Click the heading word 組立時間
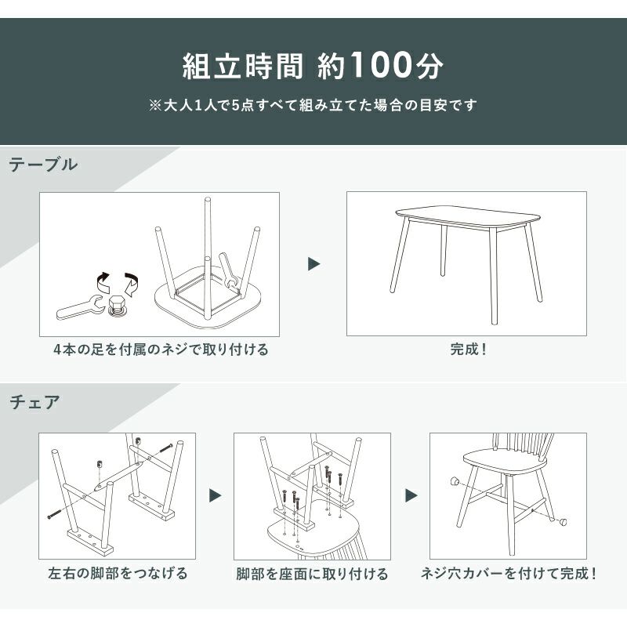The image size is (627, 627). point(243,66)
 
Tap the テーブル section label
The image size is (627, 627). point(43,165)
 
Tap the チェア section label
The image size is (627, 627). point(34,402)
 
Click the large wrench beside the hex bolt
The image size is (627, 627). point(80,306)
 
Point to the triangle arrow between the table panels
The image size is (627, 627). point(314,264)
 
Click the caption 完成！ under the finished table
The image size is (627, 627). point(469,349)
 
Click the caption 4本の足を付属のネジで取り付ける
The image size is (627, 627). point(161,349)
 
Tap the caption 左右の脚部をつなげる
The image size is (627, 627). point(118,573)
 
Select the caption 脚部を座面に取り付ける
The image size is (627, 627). point(312,574)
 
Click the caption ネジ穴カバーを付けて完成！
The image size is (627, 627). point(509,574)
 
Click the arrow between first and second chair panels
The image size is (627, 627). point(215,496)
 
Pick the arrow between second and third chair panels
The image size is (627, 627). point(411,496)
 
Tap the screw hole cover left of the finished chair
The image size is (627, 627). point(455,481)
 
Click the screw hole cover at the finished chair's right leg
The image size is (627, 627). point(562,520)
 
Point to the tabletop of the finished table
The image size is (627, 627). point(468,216)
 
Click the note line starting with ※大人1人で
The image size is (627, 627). point(313,105)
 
